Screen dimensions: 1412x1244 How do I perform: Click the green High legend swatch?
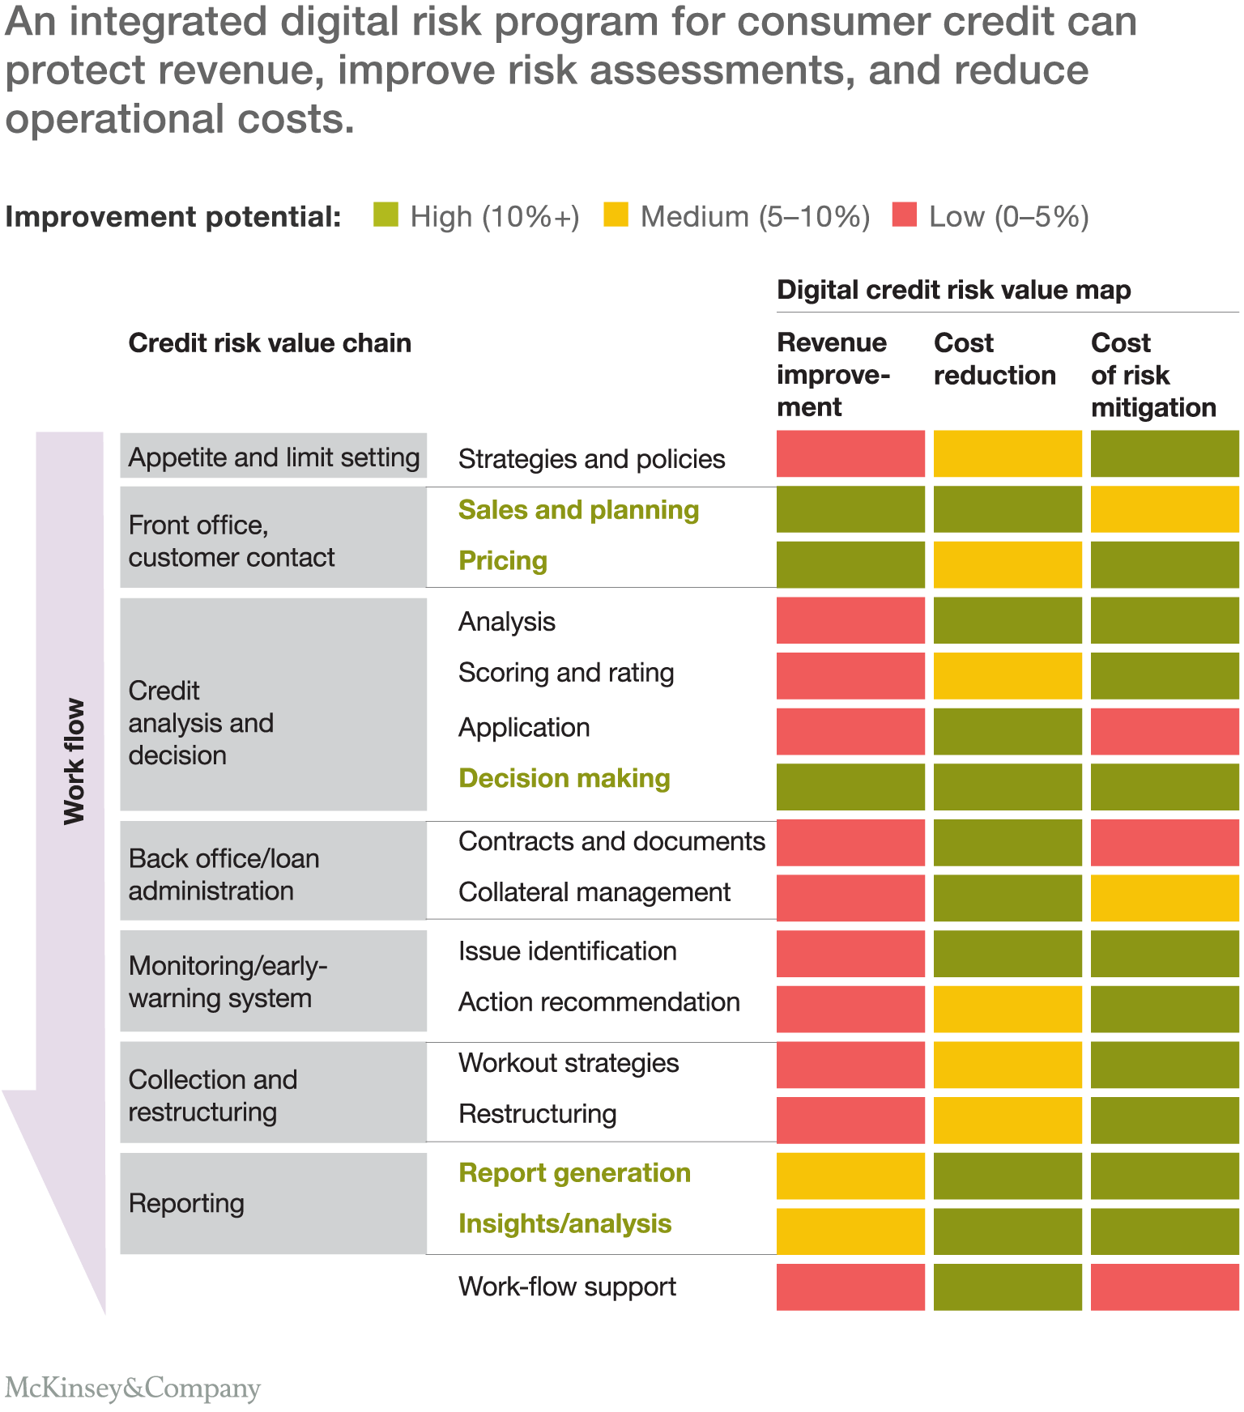click(386, 215)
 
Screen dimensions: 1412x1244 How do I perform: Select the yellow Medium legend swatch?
click(616, 215)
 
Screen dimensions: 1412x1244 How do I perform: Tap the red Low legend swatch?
click(904, 215)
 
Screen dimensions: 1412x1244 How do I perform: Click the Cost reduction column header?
click(995, 359)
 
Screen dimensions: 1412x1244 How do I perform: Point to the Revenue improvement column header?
click(833, 374)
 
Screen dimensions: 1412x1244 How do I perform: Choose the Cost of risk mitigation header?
click(1153, 374)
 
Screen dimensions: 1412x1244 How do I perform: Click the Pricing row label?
click(503, 560)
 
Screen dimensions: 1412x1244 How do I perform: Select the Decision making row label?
click(564, 778)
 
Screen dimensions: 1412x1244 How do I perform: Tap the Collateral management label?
click(594, 892)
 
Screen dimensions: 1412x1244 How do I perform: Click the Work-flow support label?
click(567, 1287)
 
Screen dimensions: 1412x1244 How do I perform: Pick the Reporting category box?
click(273, 1203)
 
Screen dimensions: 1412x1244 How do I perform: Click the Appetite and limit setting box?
click(273, 457)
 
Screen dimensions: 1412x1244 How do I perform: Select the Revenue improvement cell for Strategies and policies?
click(850, 454)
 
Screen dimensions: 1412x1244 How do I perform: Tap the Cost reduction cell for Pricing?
click(1008, 564)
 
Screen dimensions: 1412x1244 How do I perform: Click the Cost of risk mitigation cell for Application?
click(1165, 731)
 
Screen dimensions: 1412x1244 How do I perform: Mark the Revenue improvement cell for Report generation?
click(850, 1176)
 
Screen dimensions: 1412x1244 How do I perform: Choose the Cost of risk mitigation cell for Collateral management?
click(1165, 898)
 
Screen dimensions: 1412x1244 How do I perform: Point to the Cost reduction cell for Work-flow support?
click(1008, 1287)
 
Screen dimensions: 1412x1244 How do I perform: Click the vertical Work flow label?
click(74, 761)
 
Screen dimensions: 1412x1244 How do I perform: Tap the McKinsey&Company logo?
click(133, 1388)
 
